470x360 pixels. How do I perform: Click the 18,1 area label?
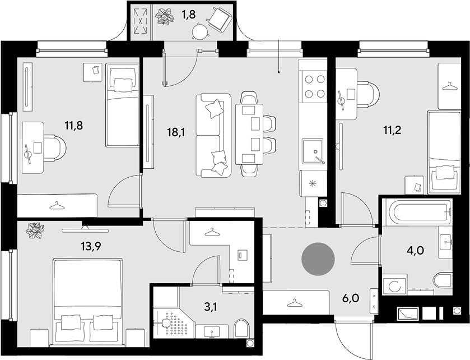tap(176, 132)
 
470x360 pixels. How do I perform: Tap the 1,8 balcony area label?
tap(189, 15)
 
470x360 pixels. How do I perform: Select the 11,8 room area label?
tap(74, 126)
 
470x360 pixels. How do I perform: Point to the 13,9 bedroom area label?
tap(91, 246)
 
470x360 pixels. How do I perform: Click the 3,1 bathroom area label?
tap(211, 307)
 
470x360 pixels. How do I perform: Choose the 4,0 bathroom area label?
tap(415, 250)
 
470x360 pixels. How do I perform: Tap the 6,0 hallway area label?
tap(351, 298)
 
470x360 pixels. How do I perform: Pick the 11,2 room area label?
tap(392, 130)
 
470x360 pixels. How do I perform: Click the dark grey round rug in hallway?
tap(318, 259)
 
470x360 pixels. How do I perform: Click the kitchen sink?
tap(313, 151)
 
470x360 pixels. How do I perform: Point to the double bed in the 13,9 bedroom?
tap(88, 301)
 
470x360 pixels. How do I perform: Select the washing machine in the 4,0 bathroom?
tap(395, 285)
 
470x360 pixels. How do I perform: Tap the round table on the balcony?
tap(199, 31)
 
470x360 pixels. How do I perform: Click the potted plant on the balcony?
tap(165, 17)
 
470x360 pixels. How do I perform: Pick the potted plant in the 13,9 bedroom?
tap(35, 230)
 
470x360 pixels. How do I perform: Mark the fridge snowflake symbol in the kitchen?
tap(313, 184)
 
